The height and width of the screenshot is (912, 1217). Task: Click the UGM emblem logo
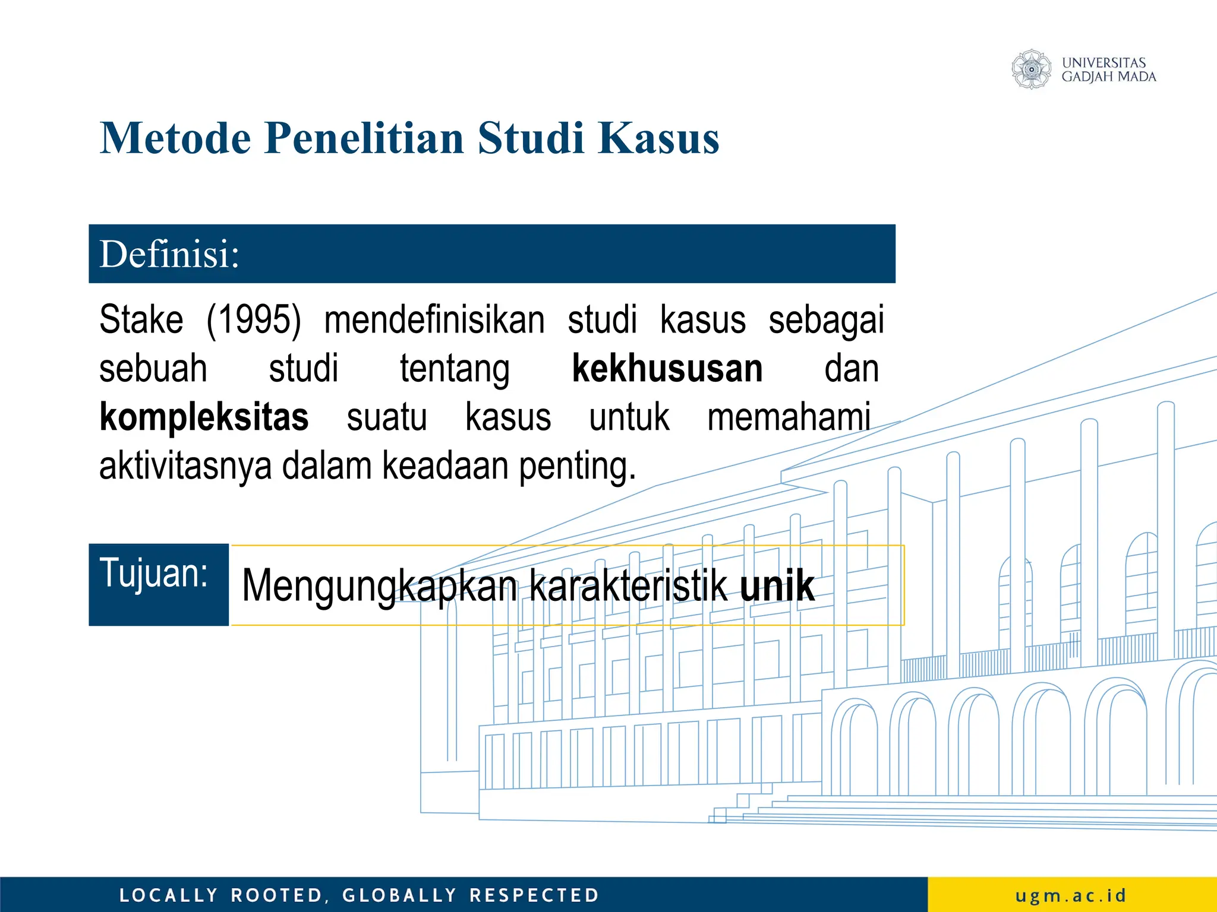(x=1032, y=69)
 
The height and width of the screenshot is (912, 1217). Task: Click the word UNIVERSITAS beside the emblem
(x=1104, y=62)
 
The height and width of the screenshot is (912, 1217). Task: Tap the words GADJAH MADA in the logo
(x=1109, y=77)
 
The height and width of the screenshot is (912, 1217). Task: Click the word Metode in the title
(x=175, y=138)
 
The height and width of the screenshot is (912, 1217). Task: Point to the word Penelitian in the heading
(x=364, y=138)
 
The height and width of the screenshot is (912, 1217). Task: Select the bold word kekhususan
(x=667, y=369)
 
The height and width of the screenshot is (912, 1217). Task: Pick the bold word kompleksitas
(x=204, y=417)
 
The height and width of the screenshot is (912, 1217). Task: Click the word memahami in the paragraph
(x=789, y=417)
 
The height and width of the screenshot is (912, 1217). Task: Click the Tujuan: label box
(x=158, y=584)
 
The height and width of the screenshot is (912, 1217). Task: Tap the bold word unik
(x=777, y=586)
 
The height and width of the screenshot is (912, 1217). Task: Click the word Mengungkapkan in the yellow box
(x=379, y=586)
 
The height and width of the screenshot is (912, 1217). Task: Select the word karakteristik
(x=628, y=586)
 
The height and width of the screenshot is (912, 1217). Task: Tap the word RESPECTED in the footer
(x=534, y=895)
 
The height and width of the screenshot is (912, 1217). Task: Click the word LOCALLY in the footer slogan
(x=169, y=895)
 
